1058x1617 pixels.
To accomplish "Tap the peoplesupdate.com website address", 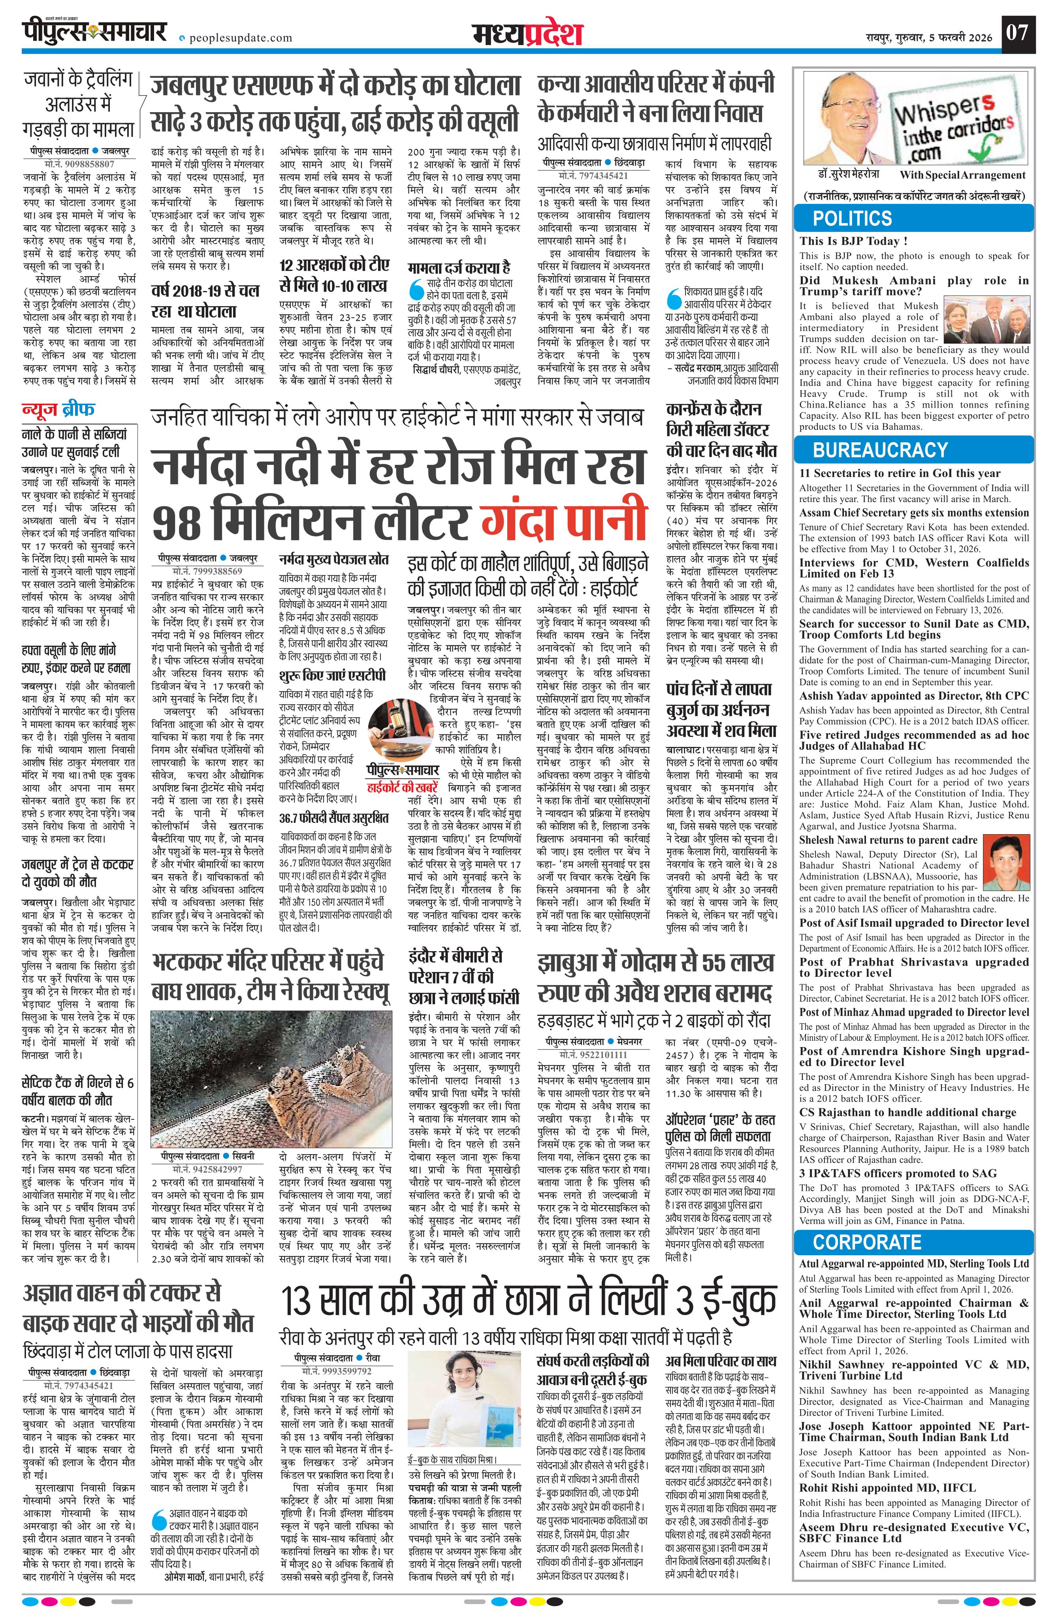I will pos(238,38).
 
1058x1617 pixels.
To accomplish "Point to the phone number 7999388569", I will pos(207,572).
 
